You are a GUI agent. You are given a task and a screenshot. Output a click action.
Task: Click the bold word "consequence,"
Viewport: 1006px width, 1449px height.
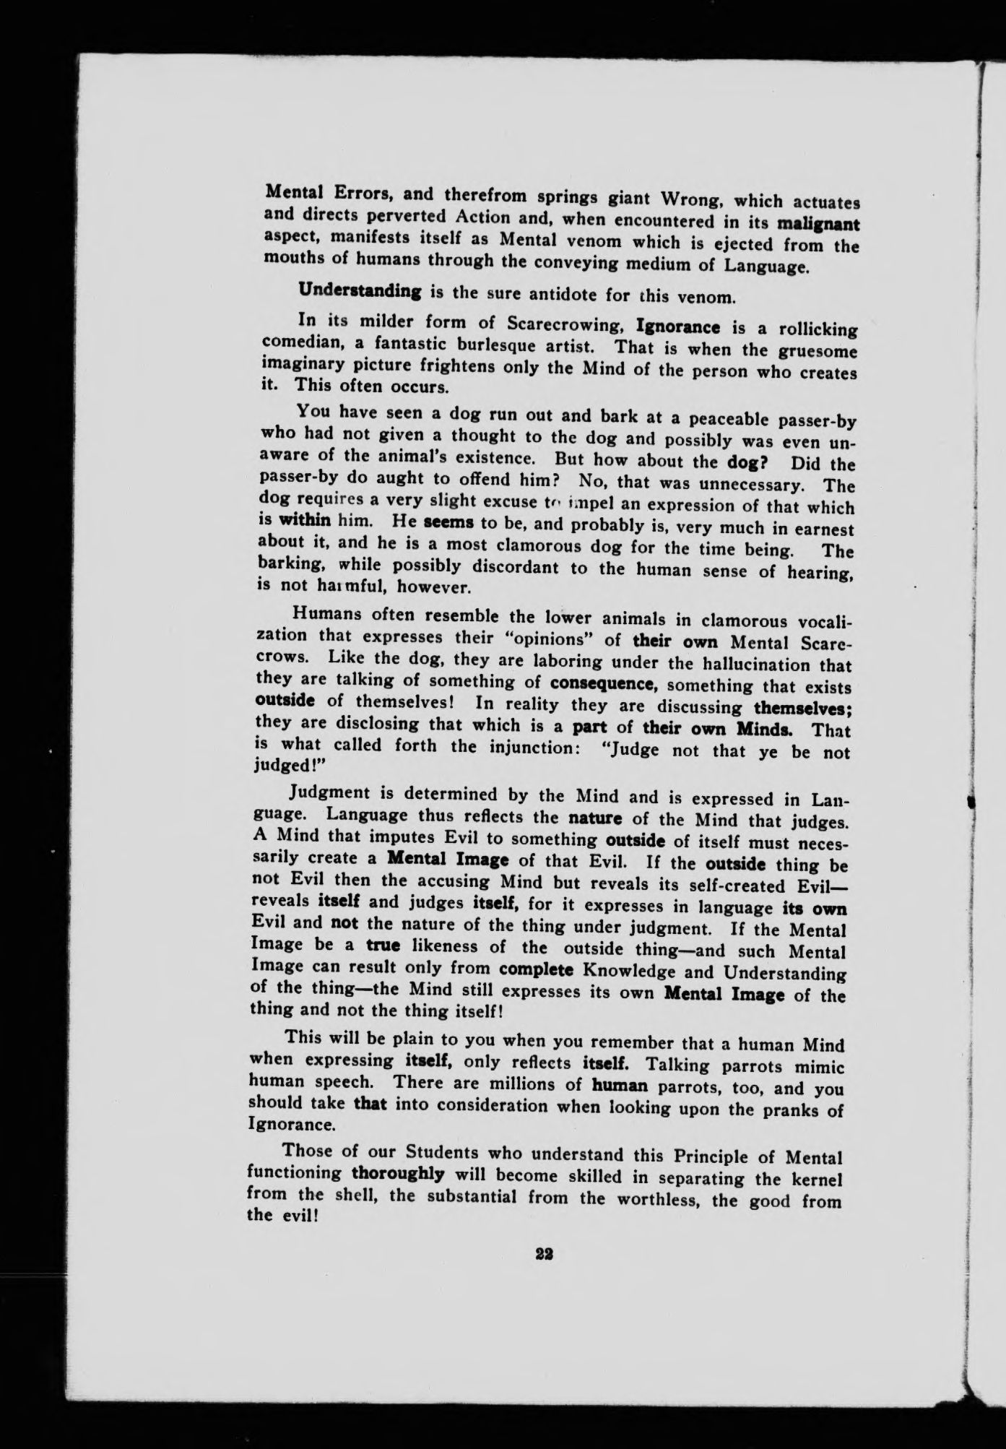[602, 683]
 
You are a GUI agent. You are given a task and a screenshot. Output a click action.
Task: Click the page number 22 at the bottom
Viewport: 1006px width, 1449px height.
[545, 1255]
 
